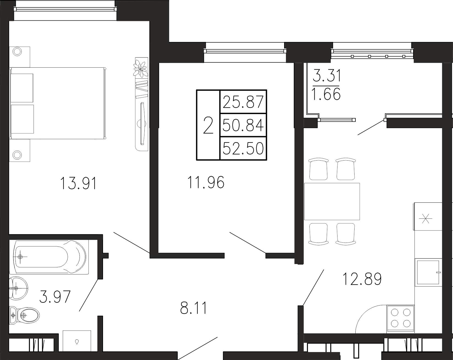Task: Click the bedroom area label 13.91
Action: [78, 183]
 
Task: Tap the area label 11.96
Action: [206, 182]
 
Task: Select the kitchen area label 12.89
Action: [362, 279]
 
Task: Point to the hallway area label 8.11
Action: [193, 308]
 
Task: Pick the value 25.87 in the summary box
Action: [243, 102]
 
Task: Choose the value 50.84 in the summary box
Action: [243, 125]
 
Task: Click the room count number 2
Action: [208, 125]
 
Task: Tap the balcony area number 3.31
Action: [327, 76]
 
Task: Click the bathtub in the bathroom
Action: [49, 257]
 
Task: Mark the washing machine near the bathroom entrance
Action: [77, 341]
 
